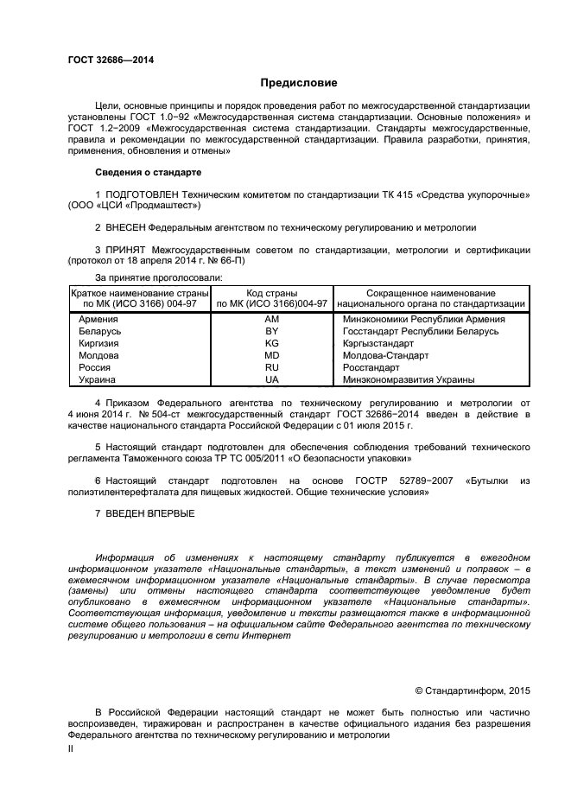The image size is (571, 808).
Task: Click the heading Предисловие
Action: (299, 83)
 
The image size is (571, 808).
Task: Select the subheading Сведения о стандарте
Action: (136, 172)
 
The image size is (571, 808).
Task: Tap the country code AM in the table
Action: (271, 319)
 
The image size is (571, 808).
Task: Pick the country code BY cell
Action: (271, 331)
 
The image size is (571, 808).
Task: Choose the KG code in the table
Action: (271, 343)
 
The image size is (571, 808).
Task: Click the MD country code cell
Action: (271, 355)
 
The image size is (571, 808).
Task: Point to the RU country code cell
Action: (271, 367)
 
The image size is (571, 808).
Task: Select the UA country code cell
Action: (271, 379)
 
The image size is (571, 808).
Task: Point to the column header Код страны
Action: (271, 293)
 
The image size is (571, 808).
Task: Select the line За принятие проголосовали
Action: (158, 277)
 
